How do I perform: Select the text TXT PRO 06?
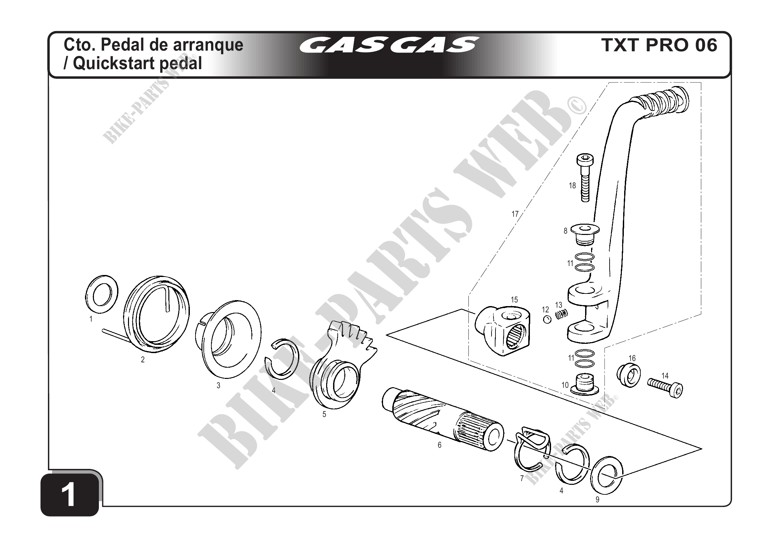click(659, 45)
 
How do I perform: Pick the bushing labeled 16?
click(628, 375)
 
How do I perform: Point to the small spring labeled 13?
click(562, 315)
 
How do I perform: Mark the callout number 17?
click(515, 214)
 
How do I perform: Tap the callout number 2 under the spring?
click(143, 360)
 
